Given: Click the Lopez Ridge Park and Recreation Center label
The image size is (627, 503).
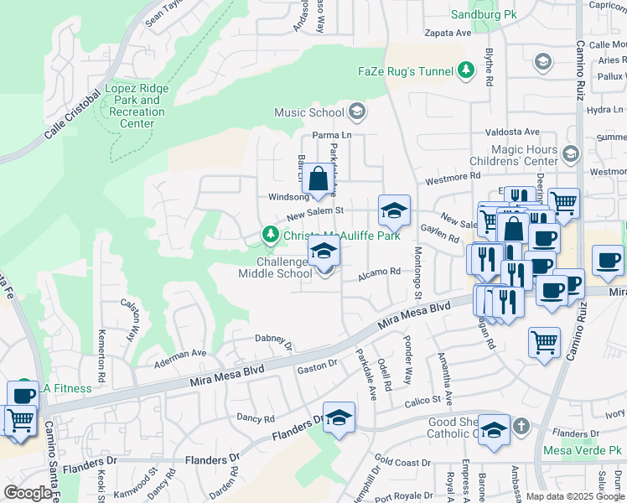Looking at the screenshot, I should [136, 106].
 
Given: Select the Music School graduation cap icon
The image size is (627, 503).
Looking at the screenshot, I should [357, 111].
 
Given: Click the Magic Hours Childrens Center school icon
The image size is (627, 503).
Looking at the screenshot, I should [571, 154].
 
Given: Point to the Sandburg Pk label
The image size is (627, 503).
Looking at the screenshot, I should [484, 15].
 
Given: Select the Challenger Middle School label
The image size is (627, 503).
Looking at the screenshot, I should [275, 267].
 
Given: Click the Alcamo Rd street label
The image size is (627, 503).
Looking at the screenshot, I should [381, 272].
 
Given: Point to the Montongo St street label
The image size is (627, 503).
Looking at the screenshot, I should [417, 273].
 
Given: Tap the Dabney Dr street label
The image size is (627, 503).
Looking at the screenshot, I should [274, 340].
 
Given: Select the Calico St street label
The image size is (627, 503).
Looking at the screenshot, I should [423, 401].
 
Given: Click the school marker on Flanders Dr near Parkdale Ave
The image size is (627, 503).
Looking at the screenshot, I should [339, 417].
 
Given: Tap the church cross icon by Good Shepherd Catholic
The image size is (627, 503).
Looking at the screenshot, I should [521, 426].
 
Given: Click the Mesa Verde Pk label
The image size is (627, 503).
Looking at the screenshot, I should [583, 450].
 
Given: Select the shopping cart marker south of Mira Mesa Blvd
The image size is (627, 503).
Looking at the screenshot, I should [545, 342].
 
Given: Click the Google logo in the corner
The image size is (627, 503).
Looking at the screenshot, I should [27, 493].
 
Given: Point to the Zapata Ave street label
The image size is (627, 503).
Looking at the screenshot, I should [448, 33].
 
